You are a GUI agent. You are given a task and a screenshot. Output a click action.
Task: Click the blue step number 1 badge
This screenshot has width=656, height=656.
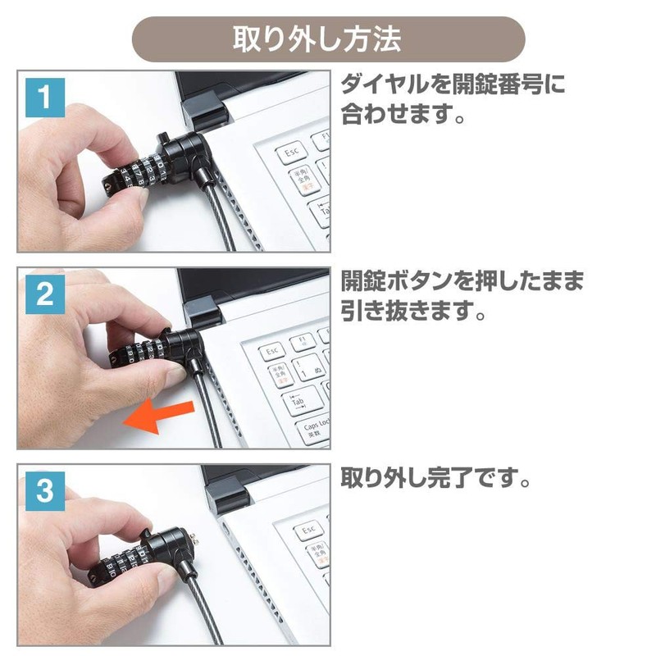tap(45, 97)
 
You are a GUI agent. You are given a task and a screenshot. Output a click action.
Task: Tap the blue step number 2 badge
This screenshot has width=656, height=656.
tap(45, 294)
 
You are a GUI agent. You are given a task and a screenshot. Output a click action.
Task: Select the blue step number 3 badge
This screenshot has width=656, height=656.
tap(45, 491)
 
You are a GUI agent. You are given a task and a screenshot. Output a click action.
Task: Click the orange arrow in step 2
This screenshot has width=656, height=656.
tap(159, 417)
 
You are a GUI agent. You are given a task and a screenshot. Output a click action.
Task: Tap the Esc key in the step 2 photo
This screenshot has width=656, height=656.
tap(272, 351)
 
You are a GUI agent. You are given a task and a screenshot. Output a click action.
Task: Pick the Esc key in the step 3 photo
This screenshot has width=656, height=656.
tap(309, 531)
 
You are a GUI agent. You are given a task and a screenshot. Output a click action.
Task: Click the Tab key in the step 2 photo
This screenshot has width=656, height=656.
tap(302, 399)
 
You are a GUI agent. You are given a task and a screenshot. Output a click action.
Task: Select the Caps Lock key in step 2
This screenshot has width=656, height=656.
tap(314, 429)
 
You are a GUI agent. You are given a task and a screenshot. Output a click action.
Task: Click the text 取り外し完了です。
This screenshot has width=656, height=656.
tap(436, 478)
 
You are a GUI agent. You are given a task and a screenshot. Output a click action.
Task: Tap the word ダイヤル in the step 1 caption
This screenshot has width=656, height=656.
tap(385, 84)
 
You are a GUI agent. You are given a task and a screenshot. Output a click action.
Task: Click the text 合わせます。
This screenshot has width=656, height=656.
tap(403, 113)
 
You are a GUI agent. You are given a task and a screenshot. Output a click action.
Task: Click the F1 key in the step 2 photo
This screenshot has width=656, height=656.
tap(303, 342)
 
